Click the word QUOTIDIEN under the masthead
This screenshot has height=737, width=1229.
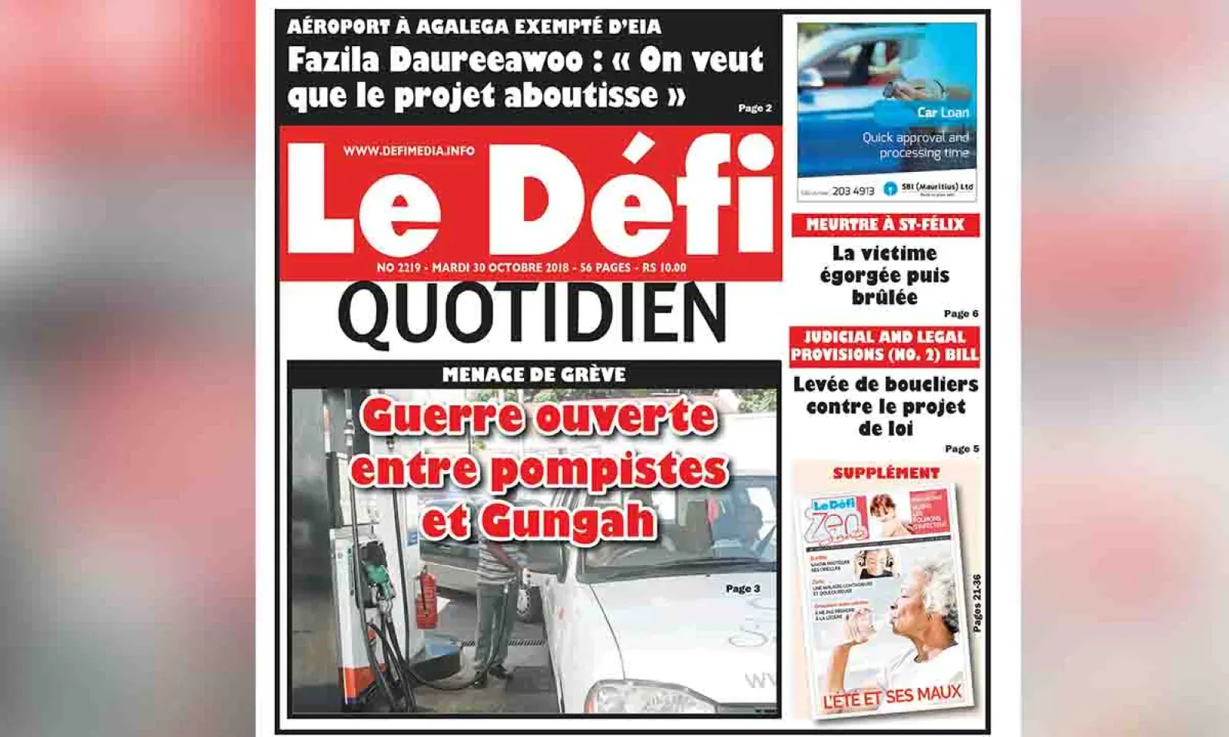click(532, 313)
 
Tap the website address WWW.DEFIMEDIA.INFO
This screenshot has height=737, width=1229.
click(409, 150)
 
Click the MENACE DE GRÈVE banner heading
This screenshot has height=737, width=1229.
click(534, 375)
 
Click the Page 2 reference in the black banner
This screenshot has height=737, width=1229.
click(754, 108)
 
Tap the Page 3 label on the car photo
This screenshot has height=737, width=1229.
click(742, 589)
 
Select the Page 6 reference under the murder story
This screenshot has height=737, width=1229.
click(961, 313)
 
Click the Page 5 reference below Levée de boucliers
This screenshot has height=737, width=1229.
click(962, 448)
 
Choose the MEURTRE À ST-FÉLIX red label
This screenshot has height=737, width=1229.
click(885, 225)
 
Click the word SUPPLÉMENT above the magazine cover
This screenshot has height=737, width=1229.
click(886, 473)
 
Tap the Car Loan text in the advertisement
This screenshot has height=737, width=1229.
click(942, 112)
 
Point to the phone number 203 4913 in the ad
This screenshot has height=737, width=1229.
click(853, 190)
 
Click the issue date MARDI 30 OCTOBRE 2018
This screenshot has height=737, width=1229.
click(500, 268)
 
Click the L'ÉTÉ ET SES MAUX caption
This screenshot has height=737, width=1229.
click(892, 697)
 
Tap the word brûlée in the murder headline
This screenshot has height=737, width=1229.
click(885, 296)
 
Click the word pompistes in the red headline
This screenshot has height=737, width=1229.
click(608, 470)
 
